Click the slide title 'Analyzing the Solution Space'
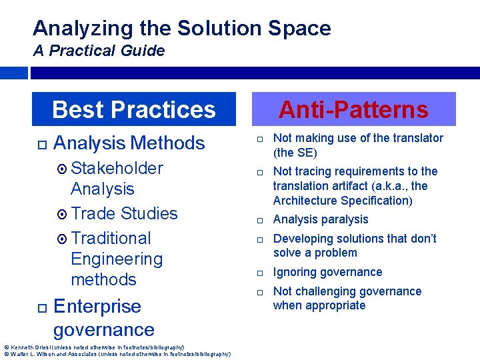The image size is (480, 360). [181, 28]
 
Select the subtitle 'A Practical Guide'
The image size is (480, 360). [99, 51]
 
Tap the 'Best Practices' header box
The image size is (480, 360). [134, 109]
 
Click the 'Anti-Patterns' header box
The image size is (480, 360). [353, 109]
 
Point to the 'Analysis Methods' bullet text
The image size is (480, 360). [129, 143]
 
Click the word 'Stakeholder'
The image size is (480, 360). [117, 168]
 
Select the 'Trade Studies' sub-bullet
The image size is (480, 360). [124, 213]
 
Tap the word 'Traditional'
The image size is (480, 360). [111, 238]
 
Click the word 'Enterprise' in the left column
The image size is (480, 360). [97, 306]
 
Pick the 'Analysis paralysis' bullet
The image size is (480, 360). [320, 219]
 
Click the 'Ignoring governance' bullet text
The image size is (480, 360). [327, 272]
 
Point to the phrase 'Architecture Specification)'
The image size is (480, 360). [343, 201]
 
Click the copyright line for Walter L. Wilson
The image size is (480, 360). [117, 354]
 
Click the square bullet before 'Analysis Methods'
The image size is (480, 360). [41, 143]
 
